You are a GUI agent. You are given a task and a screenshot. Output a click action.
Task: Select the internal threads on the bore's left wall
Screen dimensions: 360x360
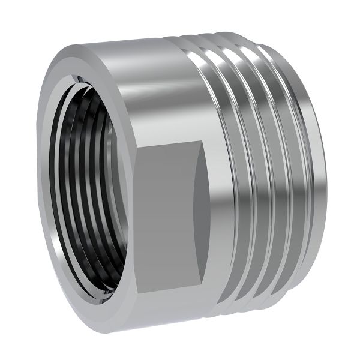coord(60,180)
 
